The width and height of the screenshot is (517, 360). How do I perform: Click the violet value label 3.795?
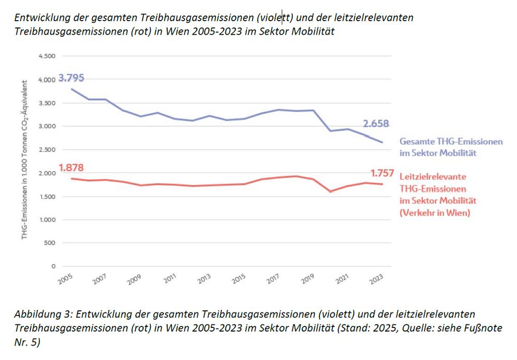pos(71,79)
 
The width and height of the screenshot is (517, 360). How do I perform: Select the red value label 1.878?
pos(71,168)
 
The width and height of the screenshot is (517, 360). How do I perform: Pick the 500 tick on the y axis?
pos(50,243)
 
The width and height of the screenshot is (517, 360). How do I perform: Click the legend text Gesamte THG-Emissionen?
pos(451,141)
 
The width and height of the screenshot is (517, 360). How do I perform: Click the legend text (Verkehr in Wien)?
pos(434,213)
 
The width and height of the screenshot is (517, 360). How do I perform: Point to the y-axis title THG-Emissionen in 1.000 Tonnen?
pos(24,176)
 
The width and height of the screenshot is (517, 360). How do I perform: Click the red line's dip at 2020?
pos(330,191)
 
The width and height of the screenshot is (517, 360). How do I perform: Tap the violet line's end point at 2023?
pos(383,142)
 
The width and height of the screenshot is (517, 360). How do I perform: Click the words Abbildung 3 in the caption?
pos(41,314)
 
